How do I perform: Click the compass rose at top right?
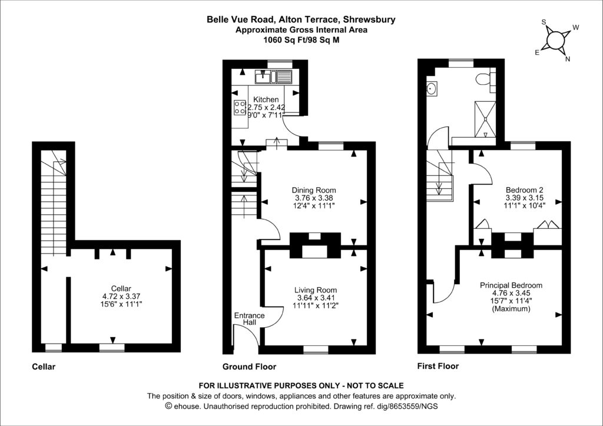(555, 39)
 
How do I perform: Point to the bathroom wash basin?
(432, 89)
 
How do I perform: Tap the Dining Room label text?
(314, 190)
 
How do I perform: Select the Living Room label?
(316, 290)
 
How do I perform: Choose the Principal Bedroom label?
(511, 285)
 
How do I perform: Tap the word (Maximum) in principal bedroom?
(511, 308)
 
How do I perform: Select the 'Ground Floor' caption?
(249, 367)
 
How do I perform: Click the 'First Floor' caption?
(438, 366)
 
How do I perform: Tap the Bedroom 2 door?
(479, 174)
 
